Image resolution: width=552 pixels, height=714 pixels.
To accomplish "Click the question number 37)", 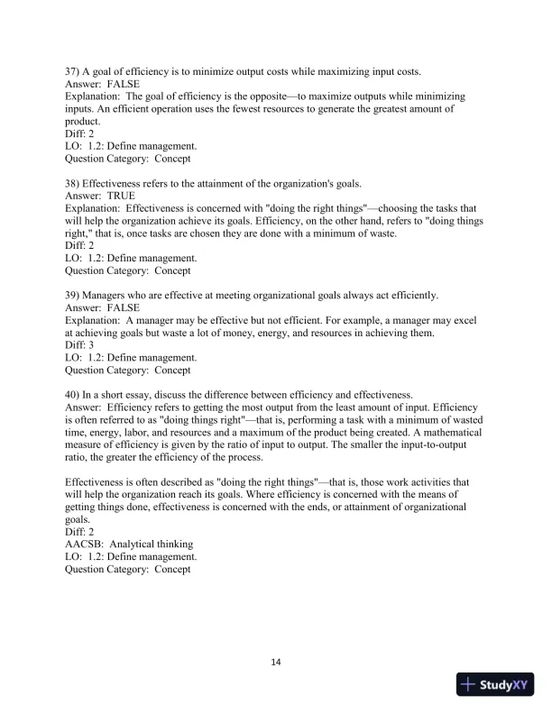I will click(74, 71).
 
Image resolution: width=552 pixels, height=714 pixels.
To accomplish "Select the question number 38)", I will click(74, 181).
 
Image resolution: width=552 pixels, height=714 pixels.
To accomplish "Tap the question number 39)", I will click(74, 295).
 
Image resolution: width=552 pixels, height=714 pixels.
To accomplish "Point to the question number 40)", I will click(74, 394).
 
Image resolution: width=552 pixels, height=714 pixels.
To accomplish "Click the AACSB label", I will click(84, 544).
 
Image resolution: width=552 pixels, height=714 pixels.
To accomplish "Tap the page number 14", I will click(276, 663).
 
